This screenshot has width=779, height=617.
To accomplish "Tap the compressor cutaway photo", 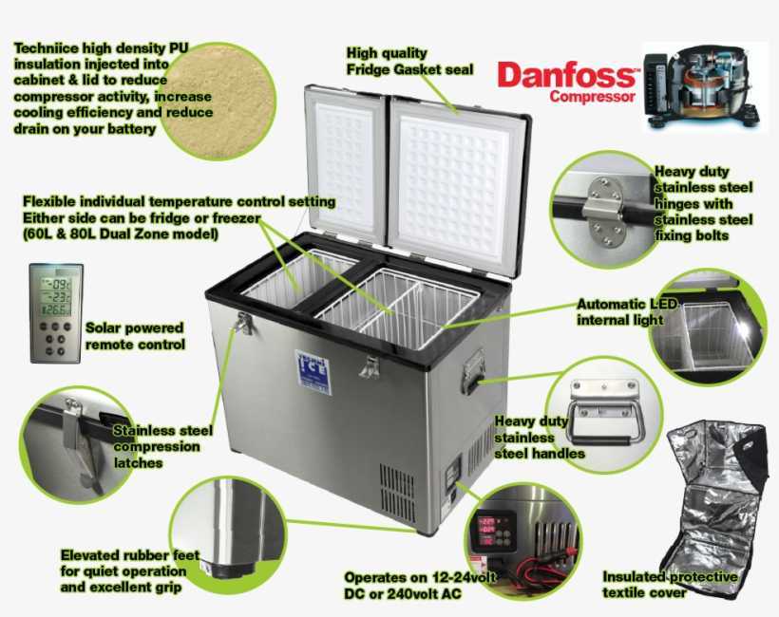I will (x=700, y=84).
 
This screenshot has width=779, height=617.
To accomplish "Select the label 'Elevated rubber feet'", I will (x=123, y=554).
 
